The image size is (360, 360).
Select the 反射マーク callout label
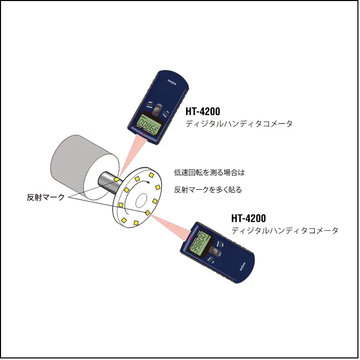[45, 197]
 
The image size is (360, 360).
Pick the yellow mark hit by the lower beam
[148, 212]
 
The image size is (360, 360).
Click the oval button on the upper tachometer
[159, 109]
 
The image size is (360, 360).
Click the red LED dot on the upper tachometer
[146, 135]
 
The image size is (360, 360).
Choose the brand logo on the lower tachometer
[244, 267]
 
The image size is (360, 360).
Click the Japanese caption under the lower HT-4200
[285, 231]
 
